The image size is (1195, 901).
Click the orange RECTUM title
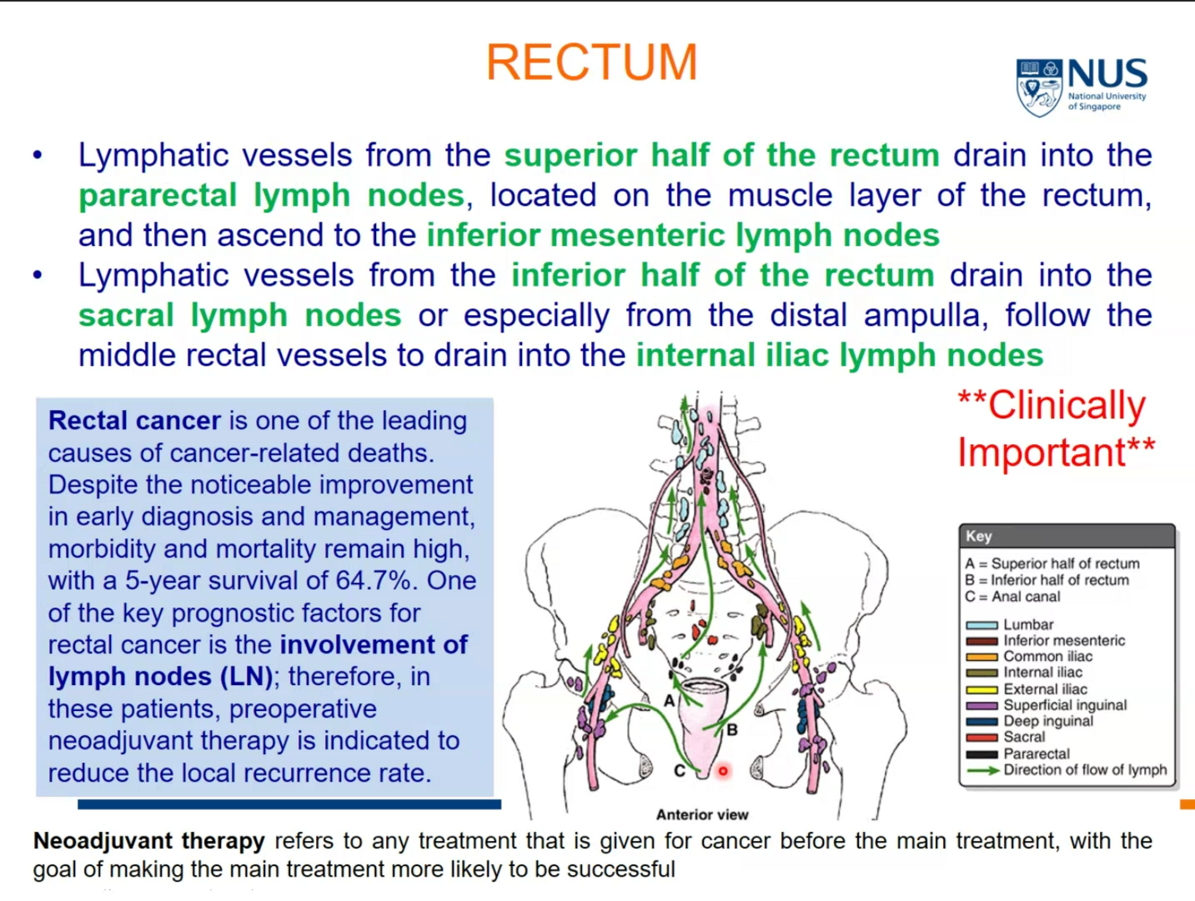point(591,62)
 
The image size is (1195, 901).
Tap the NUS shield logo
point(1038,87)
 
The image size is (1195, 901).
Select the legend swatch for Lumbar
point(982,624)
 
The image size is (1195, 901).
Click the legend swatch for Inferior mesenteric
point(982,640)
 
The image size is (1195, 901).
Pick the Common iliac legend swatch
point(982,656)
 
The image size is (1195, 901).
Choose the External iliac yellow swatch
point(982,690)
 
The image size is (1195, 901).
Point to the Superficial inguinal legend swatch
point(982,706)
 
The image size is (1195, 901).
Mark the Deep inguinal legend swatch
point(982,721)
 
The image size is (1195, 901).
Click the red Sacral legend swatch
point(982,737)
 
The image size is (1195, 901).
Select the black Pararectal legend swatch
point(982,754)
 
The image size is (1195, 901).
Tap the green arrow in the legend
point(982,770)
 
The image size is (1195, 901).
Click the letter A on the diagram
point(669,700)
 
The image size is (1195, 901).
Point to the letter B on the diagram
point(732,730)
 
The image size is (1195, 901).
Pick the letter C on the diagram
point(679,770)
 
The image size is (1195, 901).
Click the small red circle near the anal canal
point(723,770)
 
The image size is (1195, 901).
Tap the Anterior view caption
point(701,814)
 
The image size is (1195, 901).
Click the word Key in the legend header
point(978,536)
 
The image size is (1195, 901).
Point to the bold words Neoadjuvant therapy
point(149,841)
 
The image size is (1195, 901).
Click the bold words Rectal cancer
point(134,420)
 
